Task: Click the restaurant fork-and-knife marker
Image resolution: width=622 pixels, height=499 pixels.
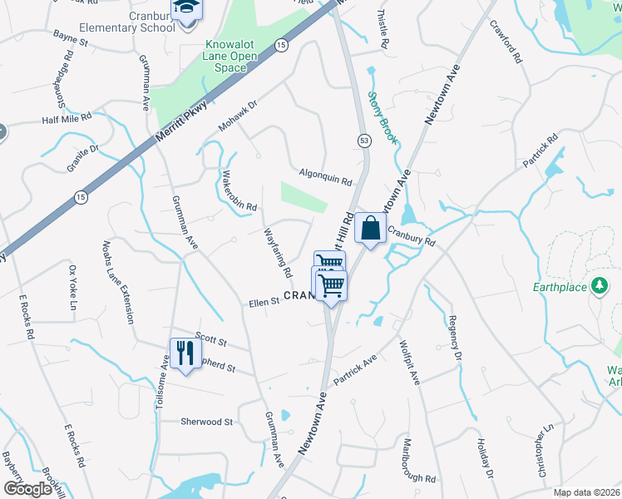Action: (x=185, y=353)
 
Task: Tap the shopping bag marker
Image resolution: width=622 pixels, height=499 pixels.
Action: (x=369, y=227)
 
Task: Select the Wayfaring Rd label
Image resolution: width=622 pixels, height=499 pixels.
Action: (x=278, y=253)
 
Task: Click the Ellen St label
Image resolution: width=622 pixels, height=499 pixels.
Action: (x=264, y=304)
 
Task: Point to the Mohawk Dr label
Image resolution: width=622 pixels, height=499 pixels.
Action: (x=239, y=116)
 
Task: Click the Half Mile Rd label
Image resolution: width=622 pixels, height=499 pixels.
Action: (x=71, y=120)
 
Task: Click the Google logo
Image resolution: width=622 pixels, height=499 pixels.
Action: (x=27, y=489)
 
